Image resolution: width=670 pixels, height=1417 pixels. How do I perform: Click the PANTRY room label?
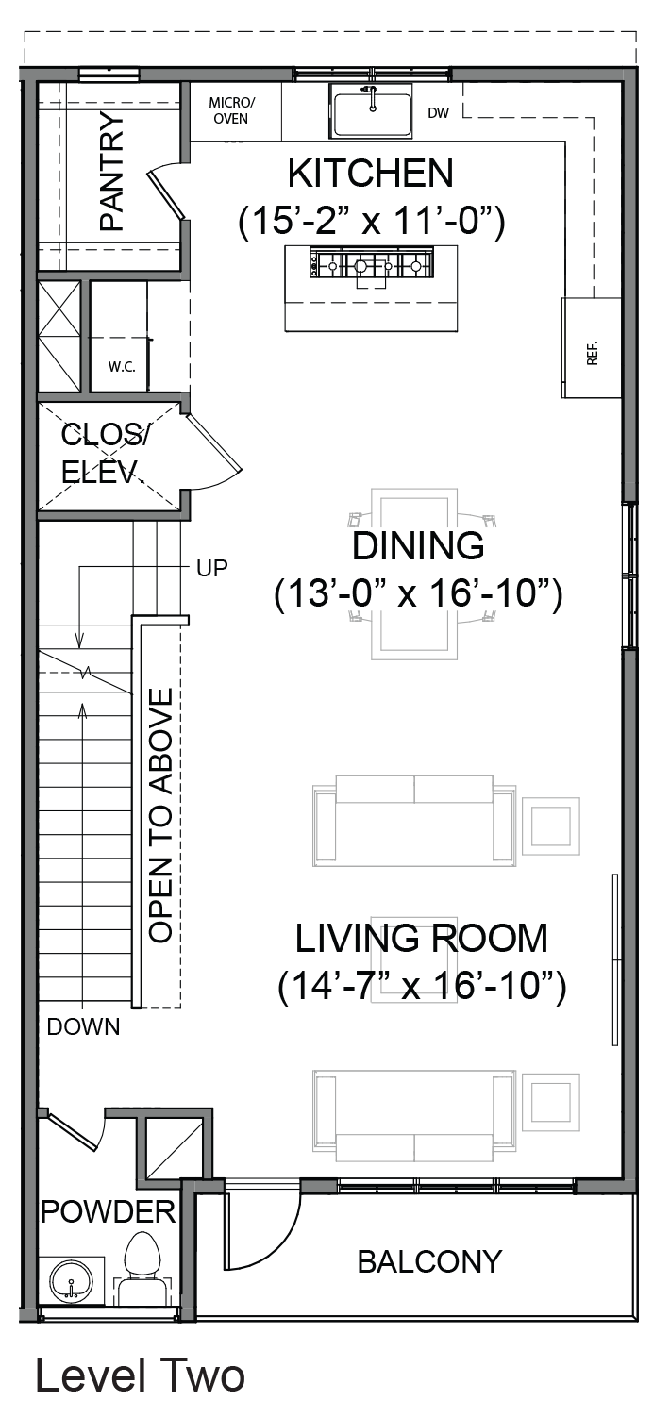coord(112,171)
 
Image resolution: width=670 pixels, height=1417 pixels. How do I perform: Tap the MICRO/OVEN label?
coord(231,110)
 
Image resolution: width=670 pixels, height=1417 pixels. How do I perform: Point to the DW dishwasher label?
coord(439,113)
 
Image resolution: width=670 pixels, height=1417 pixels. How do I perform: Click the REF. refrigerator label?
coord(593,352)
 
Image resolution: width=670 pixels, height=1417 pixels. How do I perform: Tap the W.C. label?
coord(122,367)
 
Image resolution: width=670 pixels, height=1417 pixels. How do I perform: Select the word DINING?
coord(418,546)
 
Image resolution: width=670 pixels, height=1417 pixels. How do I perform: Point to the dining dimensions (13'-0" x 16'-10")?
coord(418,594)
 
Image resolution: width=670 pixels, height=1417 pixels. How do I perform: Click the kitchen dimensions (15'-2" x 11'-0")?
coord(372,222)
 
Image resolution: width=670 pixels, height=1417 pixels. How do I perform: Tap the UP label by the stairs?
coord(212,568)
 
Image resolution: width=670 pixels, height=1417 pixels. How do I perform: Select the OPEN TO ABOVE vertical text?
coord(160,815)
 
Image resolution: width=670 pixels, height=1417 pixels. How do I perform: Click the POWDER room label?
coord(109,1211)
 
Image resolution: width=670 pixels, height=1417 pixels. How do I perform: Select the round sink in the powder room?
coord(71,1282)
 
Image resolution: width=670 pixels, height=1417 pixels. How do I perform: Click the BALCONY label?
coord(429,1261)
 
